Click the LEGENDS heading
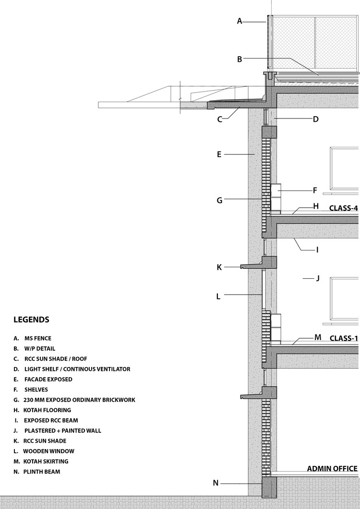pyautogui.click(x=31, y=320)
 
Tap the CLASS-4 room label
pyautogui.click(x=343, y=208)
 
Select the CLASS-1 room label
pyautogui.click(x=343, y=338)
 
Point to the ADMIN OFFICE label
pyautogui.click(x=332, y=469)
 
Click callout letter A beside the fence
pyautogui.click(x=240, y=21)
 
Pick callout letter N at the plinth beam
pyautogui.click(x=216, y=483)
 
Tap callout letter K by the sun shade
pyautogui.click(x=219, y=267)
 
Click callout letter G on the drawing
pyautogui.click(x=219, y=200)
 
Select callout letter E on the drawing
pyautogui.click(x=219, y=154)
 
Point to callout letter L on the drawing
pyautogui.click(x=218, y=296)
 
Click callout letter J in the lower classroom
pyautogui.click(x=317, y=278)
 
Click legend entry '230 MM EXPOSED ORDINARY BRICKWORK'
pyautogui.click(x=75, y=400)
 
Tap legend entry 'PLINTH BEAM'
pyautogui.click(x=38, y=472)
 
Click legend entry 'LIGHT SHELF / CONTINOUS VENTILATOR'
pyautogui.click(x=72, y=369)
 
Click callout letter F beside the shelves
pyautogui.click(x=315, y=190)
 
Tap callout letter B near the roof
pyautogui.click(x=240, y=59)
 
